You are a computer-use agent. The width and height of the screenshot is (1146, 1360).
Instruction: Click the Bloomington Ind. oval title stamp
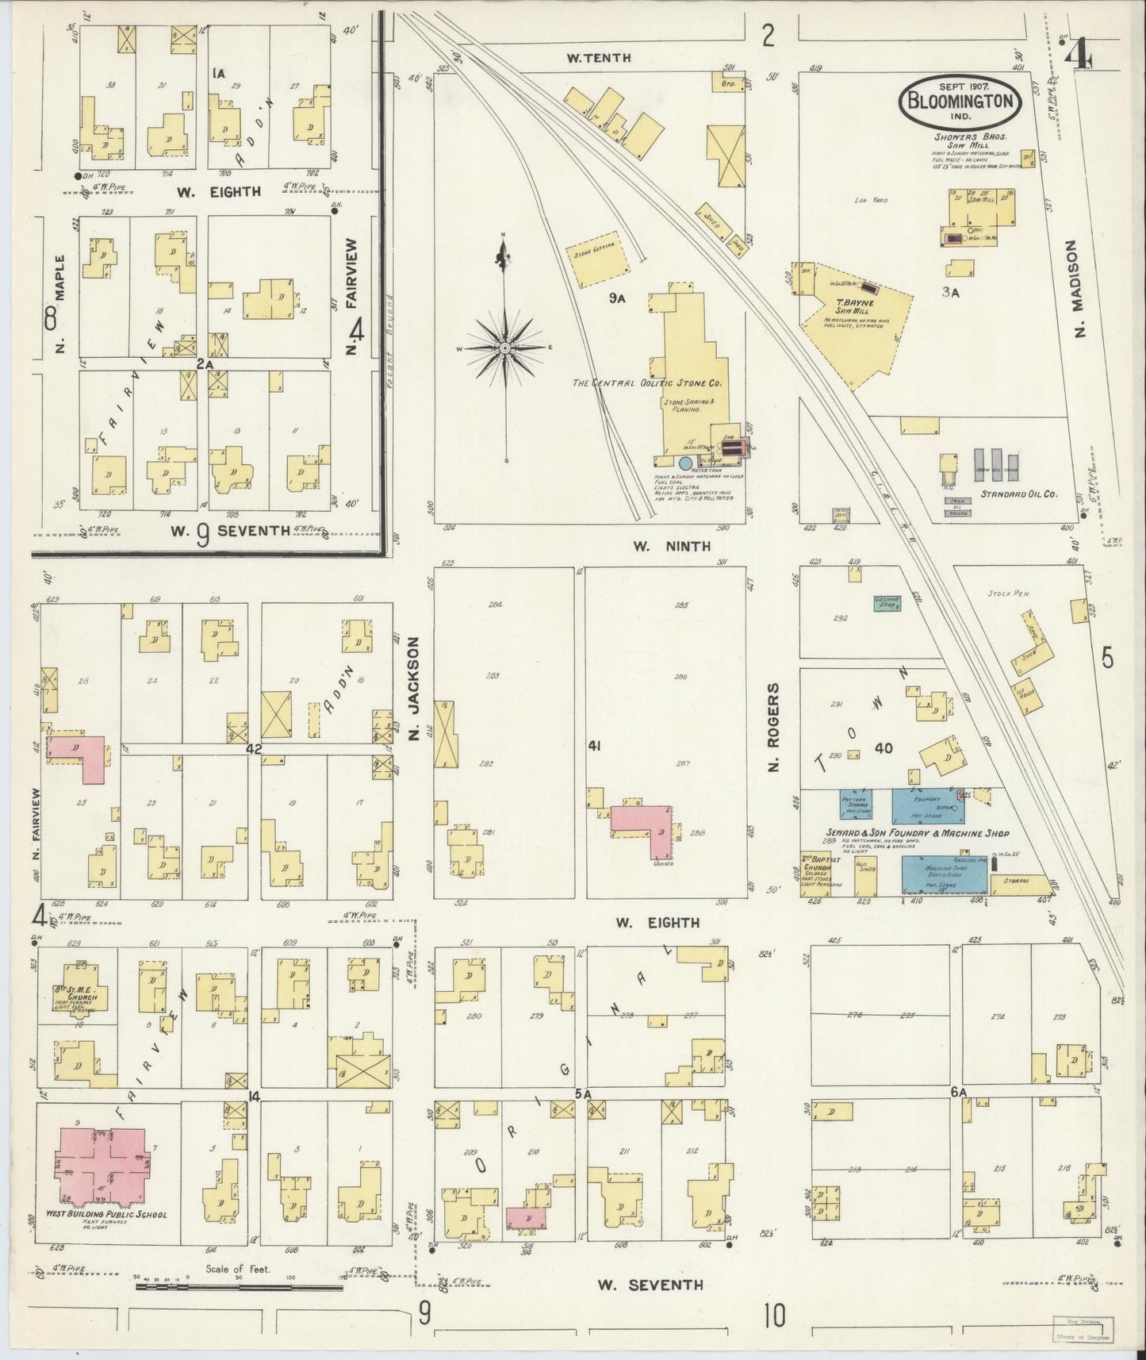tap(958, 101)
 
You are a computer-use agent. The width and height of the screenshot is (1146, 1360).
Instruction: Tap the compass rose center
tap(504, 348)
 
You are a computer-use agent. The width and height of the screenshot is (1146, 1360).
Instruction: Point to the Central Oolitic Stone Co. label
tap(646, 382)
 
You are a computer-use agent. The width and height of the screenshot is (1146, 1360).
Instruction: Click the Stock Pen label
tap(1006, 593)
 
